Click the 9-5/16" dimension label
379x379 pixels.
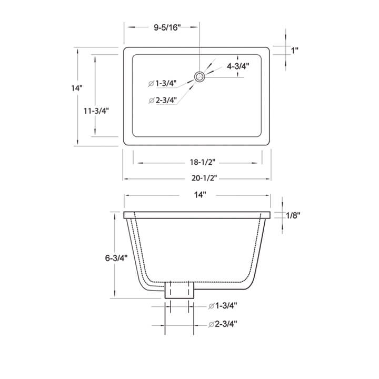tap(167, 28)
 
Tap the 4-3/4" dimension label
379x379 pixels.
tap(238, 66)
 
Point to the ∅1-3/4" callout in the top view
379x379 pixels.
tap(163, 83)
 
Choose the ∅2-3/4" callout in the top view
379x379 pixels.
tap(163, 100)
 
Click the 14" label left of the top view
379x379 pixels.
tap(77, 88)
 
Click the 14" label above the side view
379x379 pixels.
tap(198, 195)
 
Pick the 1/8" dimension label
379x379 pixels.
tap(293, 215)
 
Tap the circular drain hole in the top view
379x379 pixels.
tap(200, 77)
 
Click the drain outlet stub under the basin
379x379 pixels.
tap(179, 290)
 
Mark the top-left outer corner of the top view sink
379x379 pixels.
tap(124, 48)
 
